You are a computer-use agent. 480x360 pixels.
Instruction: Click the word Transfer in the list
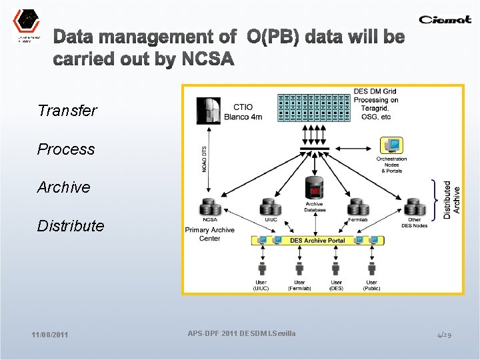point(67,111)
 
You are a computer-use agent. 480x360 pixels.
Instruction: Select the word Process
point(66,149)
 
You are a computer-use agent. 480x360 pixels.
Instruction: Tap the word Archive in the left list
point(63,187)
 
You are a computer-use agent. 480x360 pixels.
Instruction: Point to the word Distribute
point(71,226)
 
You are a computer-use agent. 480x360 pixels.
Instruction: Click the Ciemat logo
point(445,19)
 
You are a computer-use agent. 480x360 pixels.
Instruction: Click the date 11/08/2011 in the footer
point(49,335)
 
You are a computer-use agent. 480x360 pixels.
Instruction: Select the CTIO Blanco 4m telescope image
point(209,111)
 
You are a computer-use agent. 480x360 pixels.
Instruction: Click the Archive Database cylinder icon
point(313,188)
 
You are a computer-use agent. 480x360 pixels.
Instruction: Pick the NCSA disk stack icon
point(209,207)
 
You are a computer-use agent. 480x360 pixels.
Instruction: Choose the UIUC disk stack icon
point(271,207)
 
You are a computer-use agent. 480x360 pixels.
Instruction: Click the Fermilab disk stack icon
point(357,207)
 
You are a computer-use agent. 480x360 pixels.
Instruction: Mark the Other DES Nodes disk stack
point(415,207)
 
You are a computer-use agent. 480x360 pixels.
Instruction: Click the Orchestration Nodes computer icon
point(391,146)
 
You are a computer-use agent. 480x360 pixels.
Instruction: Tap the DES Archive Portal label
point(317,240)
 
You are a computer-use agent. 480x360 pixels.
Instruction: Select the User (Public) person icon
point(371,268)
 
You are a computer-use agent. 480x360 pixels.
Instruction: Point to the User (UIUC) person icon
point(262,268)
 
